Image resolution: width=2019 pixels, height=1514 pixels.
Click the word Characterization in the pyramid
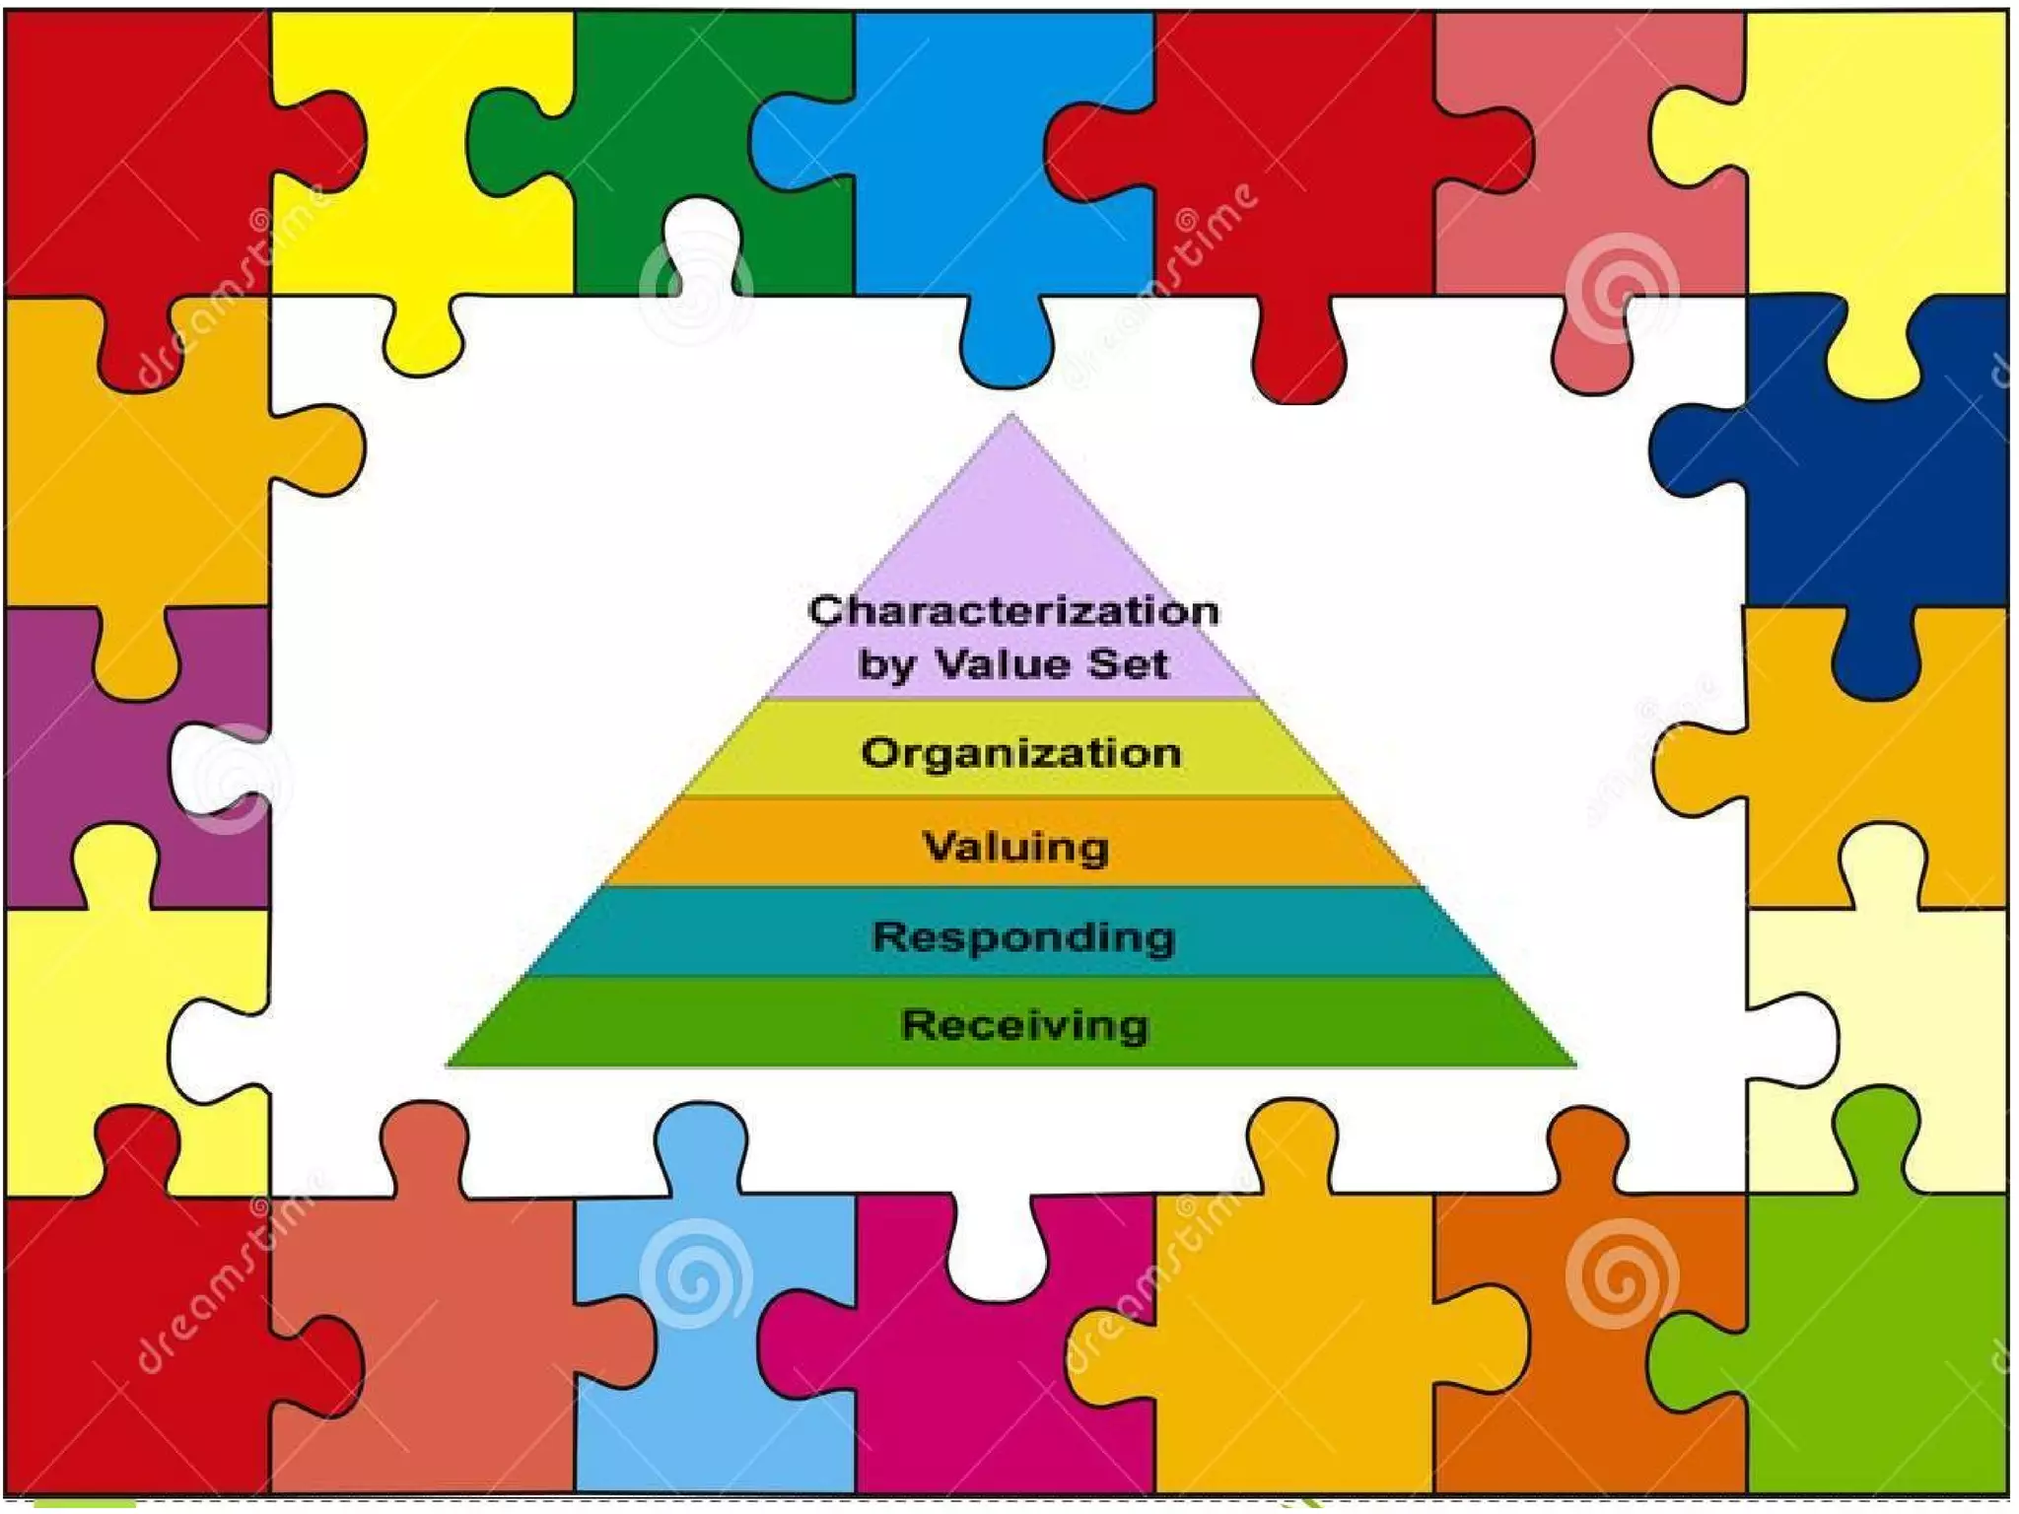[x=1013, y=610]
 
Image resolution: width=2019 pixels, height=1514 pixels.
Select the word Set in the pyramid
[x=1128, y=663]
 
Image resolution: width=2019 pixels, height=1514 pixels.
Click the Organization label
[x=1021, y=753]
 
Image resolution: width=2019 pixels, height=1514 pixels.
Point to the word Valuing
[x=1015, y=847]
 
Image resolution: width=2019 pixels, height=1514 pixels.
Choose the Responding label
[x=1023, y=936]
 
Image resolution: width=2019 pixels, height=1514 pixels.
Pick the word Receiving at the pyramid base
[x=1025, y=1025]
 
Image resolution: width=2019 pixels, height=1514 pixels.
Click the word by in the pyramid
[x=884, y=665]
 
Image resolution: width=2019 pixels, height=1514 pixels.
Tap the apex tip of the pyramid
[x=1010, y=418]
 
